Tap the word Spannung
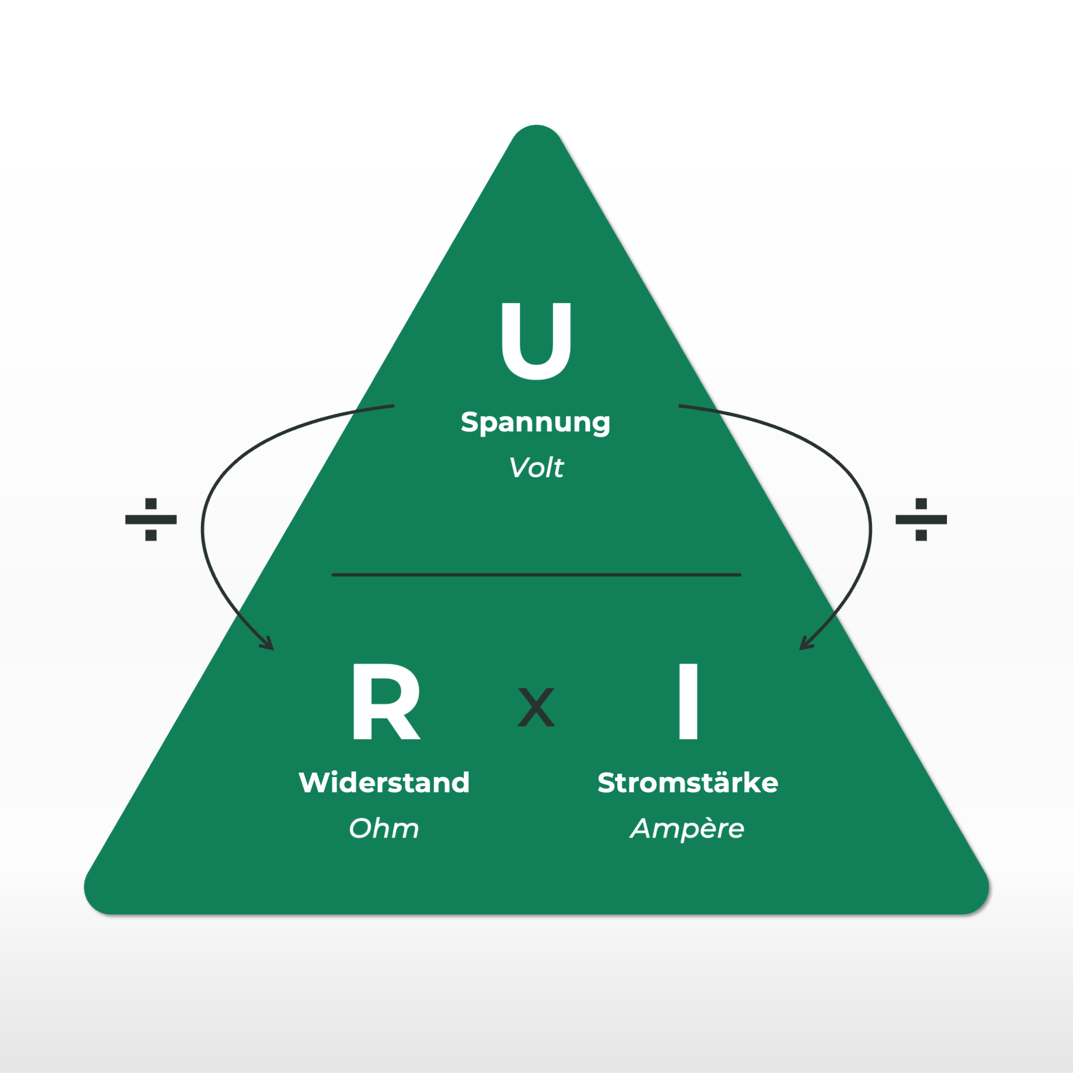click(535, 422)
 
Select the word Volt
click(536, 468)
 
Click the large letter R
click(386, 701)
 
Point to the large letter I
click(688, 701)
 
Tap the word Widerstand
click(384, 783)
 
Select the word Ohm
click(384, 828)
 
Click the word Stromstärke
click(688, 783)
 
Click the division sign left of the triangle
click(151, 519)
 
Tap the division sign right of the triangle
click(921, 519)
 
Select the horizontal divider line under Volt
click(536, 575)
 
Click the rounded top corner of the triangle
click(536, 133)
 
